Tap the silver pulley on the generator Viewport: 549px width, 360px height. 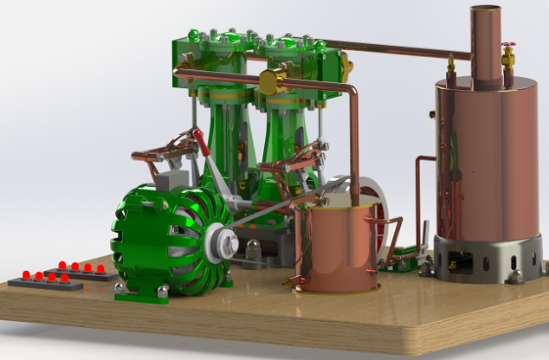pos(221,242)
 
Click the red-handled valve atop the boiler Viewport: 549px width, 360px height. pos(508,55)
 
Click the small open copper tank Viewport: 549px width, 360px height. pos(334,247)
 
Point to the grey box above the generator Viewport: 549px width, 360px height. pos(171,177)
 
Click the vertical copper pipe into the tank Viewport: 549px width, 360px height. pos(354,147)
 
